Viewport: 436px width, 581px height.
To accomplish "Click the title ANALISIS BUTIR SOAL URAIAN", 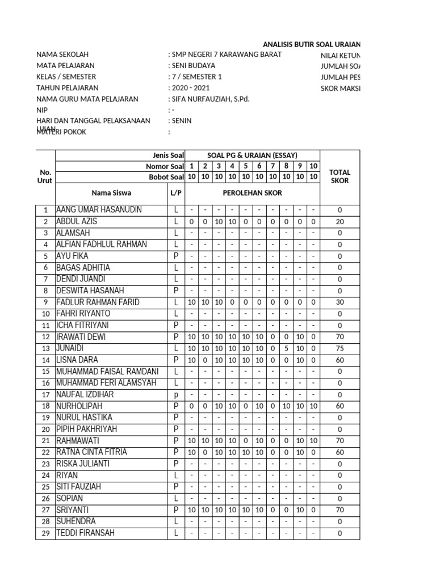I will [311, 44].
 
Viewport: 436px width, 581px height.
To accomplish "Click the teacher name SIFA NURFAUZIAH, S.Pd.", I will [211, 99].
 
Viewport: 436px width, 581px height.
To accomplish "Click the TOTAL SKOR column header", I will [339, 176].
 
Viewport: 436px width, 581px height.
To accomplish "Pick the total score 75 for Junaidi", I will [339, 349].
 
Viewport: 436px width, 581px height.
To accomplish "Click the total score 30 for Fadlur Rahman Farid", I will [339, 302].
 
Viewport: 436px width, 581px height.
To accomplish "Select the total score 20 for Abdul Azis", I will [339, 222].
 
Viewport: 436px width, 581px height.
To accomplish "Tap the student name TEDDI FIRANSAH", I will [85, 533].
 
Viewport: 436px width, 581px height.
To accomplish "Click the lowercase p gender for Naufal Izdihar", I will [176, 395].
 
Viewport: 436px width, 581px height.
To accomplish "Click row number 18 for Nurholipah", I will [45, 407].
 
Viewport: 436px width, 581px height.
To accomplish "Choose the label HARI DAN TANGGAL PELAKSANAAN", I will [93, 121].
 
